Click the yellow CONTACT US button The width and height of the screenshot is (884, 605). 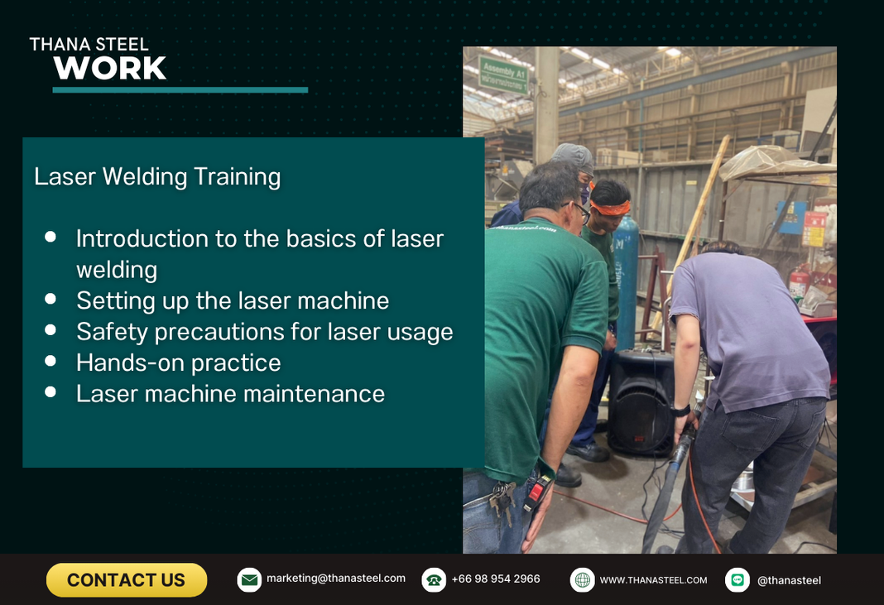pyautogui.click(x=127, y=579)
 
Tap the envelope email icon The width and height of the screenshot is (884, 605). pyautogui.click(x=248, y=579)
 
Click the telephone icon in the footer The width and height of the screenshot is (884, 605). pyautogui.click(x=434, y=579)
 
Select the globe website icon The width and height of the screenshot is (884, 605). pyautogui.click(x=582, y=579)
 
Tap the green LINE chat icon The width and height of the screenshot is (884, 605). pyautogui.click(x=737, y=579)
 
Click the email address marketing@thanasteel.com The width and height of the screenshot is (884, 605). pyautogui.click(x=335, y=578)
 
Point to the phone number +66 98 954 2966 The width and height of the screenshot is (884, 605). pyautogui.click(x=496, y=579)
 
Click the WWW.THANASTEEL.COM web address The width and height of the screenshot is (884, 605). pyautogui.click(x=653, y=580)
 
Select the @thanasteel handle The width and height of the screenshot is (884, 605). pyautogui.click(x=789, y=580)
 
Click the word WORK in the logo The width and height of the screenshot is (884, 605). pyautogui.click(x=110, y=68)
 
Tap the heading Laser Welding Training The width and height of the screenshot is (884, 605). pyautogui.click(x=157, y=176)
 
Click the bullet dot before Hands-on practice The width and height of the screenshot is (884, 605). pyautogui.click(x=50, y=361)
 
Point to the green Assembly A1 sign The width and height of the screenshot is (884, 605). pyautogui.click(x=503, y=74)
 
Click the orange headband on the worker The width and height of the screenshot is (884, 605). pyautogui.click(x=610, y=208)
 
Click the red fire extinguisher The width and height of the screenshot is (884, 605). pyautogui.click(x=798, y=282)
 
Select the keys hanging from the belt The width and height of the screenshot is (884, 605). pyautogui.click(x=502, y=501)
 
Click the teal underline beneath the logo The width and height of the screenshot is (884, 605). pyautogui.click(x=180, y=89)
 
